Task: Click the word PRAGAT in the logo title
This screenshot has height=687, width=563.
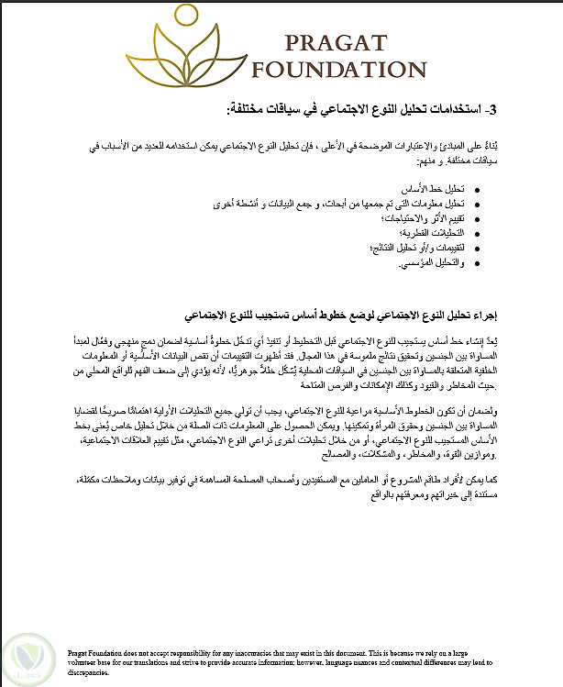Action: pyautogui.click(x=336, y=42)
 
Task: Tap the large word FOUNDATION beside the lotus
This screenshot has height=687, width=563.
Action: pyautogui.click(x=338, y=71)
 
